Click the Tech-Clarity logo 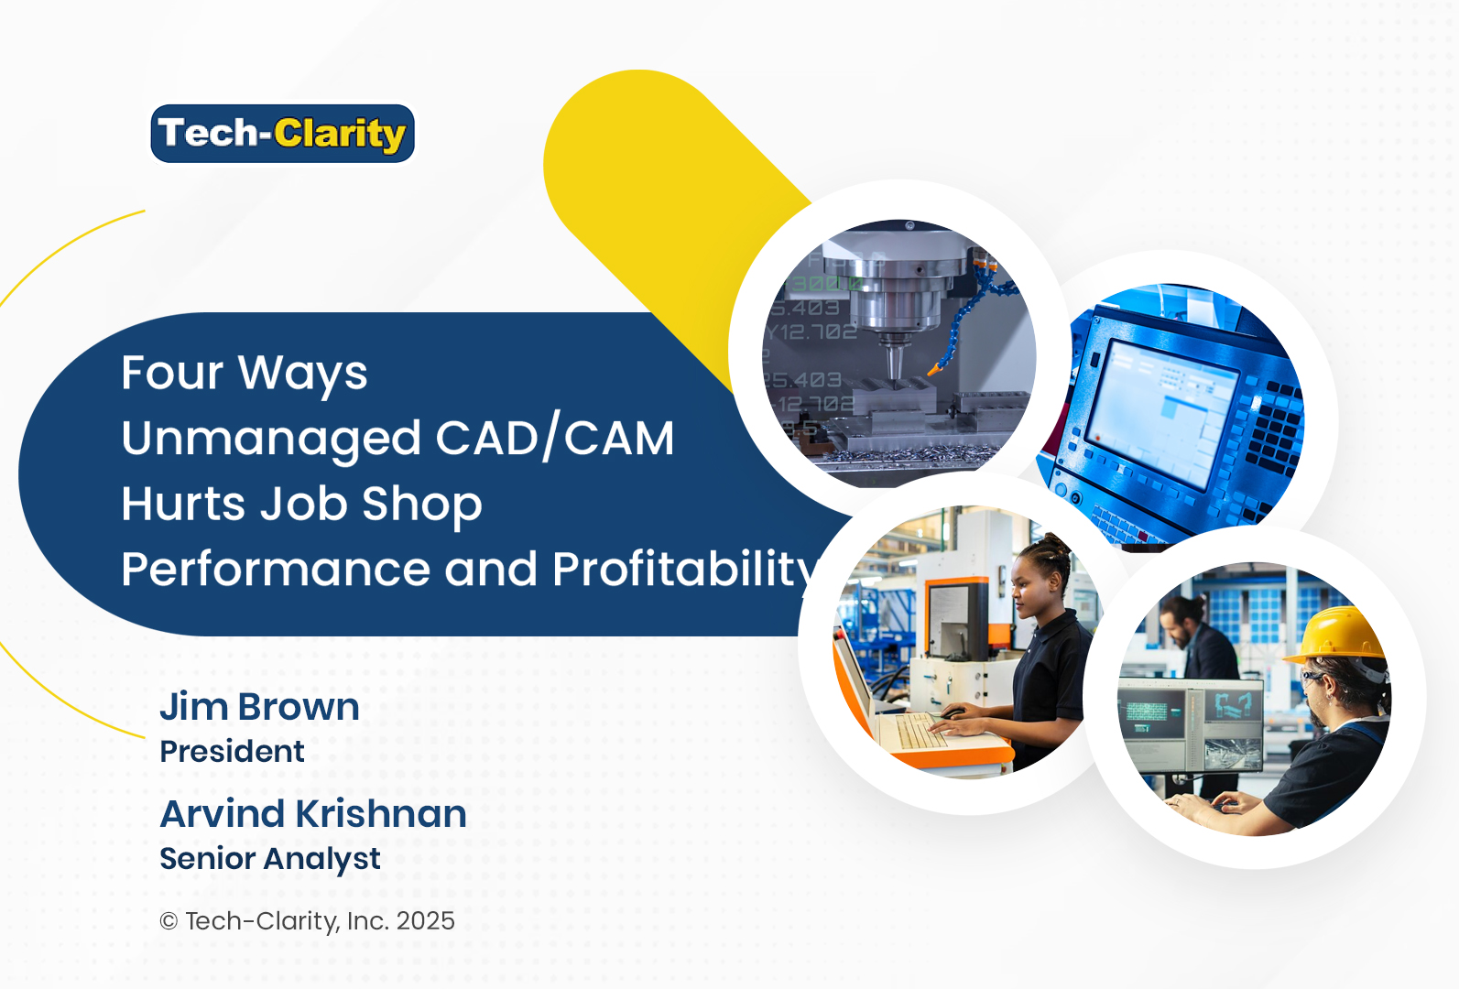click(x=282, y=134)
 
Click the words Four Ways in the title click(x=244, y=373)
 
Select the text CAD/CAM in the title click(x=554, y=439)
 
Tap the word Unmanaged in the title click(x=270, y=439)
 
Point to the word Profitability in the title click(x=683, y=570)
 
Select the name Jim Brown click(x=259, y=707)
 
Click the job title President click(x=232, y=752)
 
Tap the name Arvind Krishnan click(x=313, y=814)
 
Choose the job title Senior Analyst click(x=269, y=859)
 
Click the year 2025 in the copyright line click(x=425, y=921)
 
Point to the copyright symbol click(x=169, y=921)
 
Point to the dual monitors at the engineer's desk click(x=1191, y=723)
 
